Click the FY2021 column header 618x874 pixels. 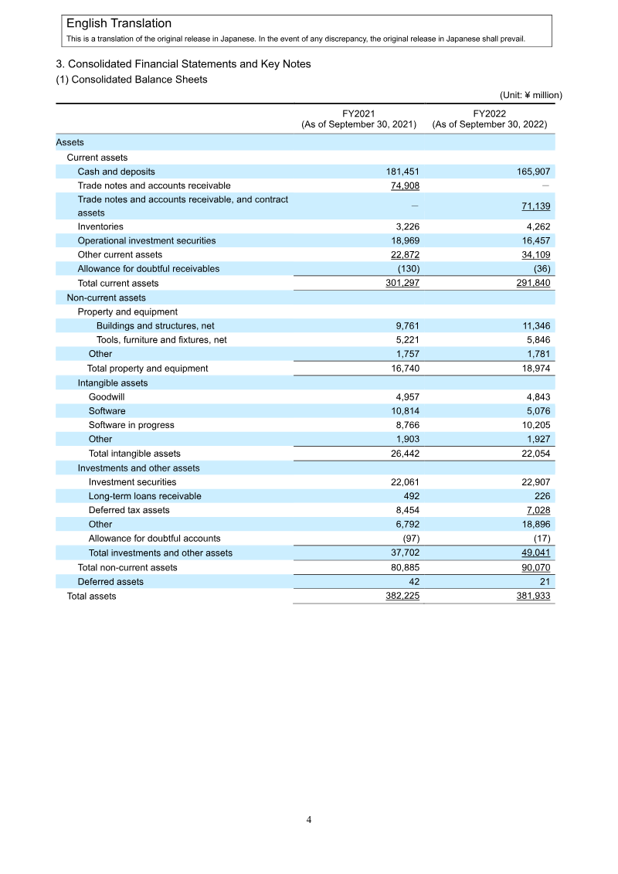coord(358,118)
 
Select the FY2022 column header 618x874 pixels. coord(490,118)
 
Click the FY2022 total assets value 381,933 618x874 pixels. coord(534,596)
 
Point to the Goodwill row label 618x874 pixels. coord(107,397)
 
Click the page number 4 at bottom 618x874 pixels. coord(309,820)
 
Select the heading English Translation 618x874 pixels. coord(119,24)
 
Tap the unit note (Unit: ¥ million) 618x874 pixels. coord(531,95)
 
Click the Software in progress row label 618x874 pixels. coord(131,425)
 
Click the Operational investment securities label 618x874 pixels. coord(147,240)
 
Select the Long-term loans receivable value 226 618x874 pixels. coord(541,496)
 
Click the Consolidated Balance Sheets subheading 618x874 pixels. coord(132,80)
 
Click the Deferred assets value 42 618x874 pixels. coord(413,581)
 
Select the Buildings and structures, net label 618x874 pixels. coord(155,326)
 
